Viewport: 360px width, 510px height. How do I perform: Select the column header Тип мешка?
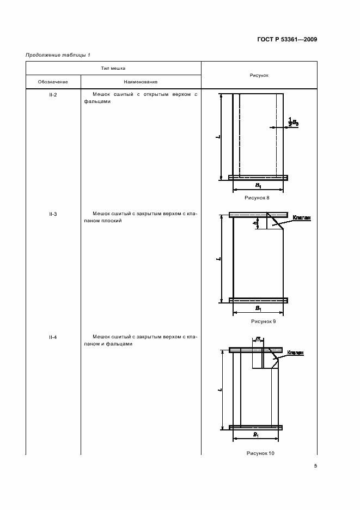pos(113,69)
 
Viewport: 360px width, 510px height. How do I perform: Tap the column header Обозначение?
pos(53,82)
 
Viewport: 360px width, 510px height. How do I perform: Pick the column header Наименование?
pos(141,82)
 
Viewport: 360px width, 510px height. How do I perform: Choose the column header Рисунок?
pos(259,75)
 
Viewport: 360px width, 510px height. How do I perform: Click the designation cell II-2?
pos(53,95)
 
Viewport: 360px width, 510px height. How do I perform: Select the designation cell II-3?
pos(53,214)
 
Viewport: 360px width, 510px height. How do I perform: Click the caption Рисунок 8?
pos(258,198)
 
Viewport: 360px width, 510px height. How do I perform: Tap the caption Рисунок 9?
pos(258,321)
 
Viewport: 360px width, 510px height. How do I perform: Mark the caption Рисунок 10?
pos(260,453)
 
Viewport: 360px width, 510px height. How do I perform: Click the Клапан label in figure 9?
pos(301,218)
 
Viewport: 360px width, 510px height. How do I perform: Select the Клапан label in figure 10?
pos(295,353)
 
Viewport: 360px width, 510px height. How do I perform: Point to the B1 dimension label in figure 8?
pos(258,185)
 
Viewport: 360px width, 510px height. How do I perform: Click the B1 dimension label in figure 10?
pos(256,434)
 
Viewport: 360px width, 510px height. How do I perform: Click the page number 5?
pos(316,466)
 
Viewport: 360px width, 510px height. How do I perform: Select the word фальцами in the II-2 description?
pos(97,101)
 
